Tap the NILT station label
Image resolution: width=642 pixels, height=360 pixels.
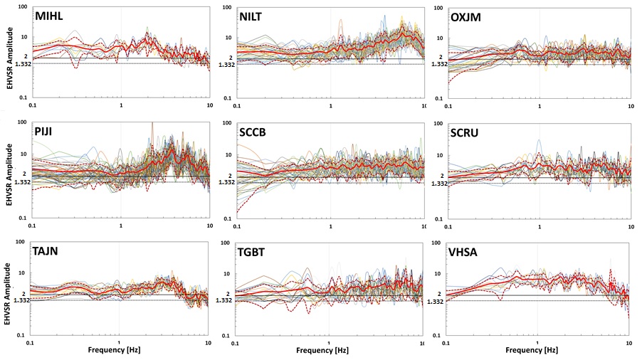(x=257, y=16)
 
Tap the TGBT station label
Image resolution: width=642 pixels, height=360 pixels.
(x=258, y=251)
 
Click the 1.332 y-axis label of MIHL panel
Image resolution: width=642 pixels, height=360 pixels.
(x=20, y=63)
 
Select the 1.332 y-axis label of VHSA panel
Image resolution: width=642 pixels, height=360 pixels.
(x=435, y=301)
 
